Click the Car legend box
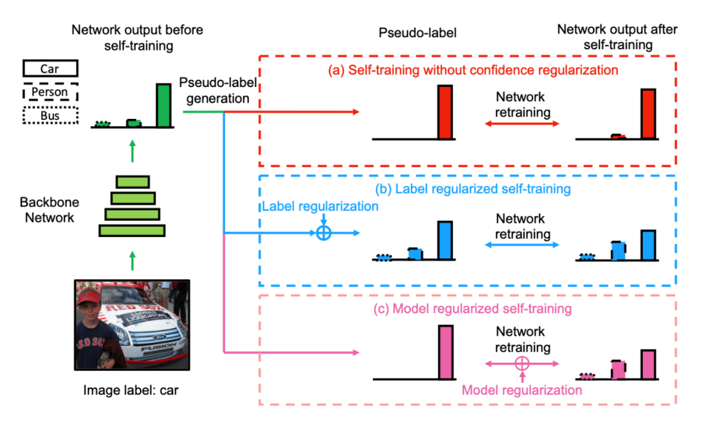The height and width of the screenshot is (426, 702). point(50,68)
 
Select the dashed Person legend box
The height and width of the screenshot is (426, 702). point(50,92)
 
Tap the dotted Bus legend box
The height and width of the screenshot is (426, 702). point(50,116)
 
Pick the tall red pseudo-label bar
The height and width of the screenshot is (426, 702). point(445,112)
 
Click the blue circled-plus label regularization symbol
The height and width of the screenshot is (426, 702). point(323,232)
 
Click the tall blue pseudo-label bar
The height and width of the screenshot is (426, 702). point(445,240)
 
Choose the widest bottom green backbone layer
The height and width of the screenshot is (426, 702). point(132,230)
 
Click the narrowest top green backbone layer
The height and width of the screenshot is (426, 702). point(132,181)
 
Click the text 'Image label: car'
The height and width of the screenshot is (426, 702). point(131,390)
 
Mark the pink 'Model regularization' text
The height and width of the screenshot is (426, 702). point(521,390)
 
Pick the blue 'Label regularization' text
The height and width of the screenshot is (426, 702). point(320,207)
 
